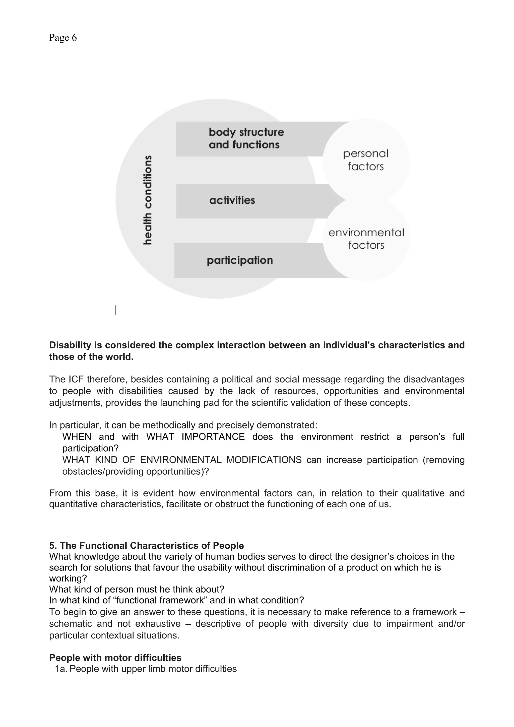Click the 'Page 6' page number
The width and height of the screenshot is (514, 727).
coord(63,38)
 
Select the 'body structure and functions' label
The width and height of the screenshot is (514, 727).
coord(246,138)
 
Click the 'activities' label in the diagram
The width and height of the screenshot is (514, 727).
coord(232,200)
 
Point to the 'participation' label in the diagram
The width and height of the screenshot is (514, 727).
coord(240,260)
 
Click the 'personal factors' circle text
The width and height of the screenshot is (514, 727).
coord(365,160)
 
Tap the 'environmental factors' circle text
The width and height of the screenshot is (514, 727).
coord(366,239)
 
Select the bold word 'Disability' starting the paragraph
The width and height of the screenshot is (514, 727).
coord(70,345)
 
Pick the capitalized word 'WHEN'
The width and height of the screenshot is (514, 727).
coord(77,437)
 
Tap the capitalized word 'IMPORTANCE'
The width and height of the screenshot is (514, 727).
coord(213,437)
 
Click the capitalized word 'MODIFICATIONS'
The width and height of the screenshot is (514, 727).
coord(264,460)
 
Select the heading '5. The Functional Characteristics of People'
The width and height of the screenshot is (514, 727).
coord(146,546)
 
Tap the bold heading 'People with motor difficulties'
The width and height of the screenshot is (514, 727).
coord(115,658)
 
